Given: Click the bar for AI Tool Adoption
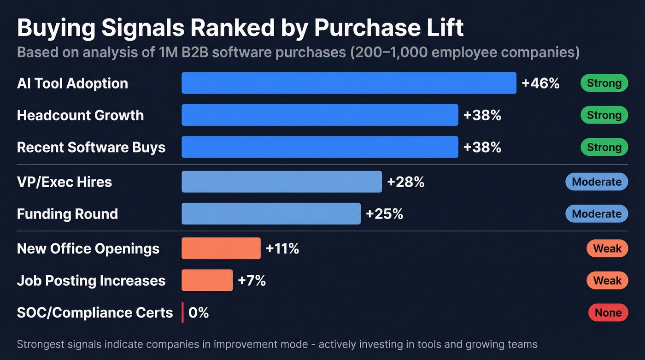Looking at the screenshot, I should point(349,83).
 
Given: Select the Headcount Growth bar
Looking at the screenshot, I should point(320,115).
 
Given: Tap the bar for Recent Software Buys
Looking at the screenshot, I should point(320,147).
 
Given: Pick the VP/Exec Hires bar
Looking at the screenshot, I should point(281,182).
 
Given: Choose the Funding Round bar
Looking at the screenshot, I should point(271,214).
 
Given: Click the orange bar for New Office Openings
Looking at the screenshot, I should point(221,248).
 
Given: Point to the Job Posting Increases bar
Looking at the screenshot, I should point(207,280).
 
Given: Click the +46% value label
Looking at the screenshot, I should point(540,83).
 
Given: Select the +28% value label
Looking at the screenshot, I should point(405,182).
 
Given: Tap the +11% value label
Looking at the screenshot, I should point(282,249).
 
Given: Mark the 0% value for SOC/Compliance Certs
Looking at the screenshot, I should point(199,313).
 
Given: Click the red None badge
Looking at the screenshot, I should point(608,313).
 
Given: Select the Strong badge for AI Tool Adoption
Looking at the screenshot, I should point(604,83).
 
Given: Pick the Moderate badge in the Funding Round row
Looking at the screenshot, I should point(597,214).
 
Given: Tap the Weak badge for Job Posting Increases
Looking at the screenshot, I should point(607,280).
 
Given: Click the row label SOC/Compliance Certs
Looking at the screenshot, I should point(95,313).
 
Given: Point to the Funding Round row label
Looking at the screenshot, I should point(67,214).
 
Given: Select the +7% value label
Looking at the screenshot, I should point(252,281).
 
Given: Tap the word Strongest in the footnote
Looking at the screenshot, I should point(45,344).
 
